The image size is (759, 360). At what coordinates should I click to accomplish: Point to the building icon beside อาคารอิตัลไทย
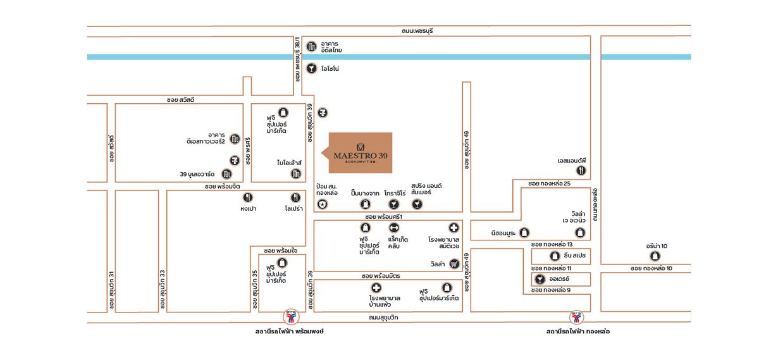pyautogui.click(x=311, y=46)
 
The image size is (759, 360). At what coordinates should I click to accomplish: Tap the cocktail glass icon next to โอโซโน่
pyautogui.click(x=311, y=68)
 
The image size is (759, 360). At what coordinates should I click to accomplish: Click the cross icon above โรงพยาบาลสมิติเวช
pyautogui.click(x=454, y=228)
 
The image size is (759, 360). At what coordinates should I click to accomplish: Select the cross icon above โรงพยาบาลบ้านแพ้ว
pyautogui.click(x=377, y=288)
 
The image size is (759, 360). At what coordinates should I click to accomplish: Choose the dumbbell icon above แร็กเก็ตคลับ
pyautogui.click(x=393, y=228)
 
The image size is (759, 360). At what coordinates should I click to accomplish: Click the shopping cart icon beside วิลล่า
pyautogui.click(x=454, y=264)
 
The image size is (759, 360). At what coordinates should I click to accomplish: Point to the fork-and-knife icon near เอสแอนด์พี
pyautogui.click(x=581, y=171)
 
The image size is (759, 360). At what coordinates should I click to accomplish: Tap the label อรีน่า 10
pyautogui.click(x=657, y=245)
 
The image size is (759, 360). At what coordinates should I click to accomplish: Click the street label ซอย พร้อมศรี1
pyautogui.click(x=384, y=216)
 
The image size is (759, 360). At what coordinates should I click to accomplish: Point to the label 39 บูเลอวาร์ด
pyautogui.click(x=198, y=174)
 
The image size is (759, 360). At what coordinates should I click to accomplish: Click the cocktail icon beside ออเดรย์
pyautogui.click(x=540, y=278)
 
